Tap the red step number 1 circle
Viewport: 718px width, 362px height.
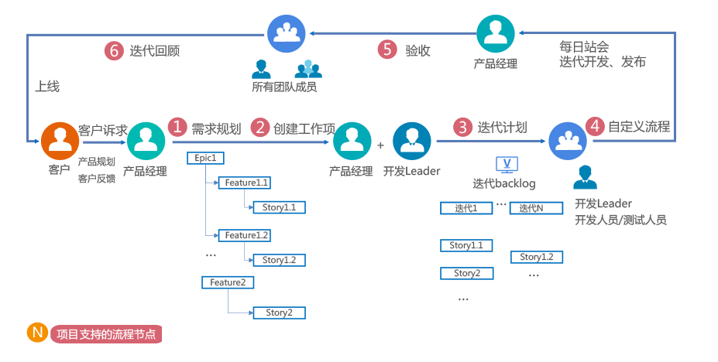tap(179, 127)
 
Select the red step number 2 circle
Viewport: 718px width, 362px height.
tap(260, 127)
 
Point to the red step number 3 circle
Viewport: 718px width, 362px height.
tap(463, 127)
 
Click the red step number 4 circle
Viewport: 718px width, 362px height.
tap(595, 126)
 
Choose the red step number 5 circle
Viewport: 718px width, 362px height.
tap(387, 50)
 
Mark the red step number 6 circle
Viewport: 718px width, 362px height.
tap(114, 50)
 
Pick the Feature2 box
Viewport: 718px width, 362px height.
tap(227, 282)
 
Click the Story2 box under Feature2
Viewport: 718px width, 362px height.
tap(279, 312)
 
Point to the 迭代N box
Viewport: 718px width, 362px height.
tap(535, 208)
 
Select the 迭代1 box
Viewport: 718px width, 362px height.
tap(466, 208)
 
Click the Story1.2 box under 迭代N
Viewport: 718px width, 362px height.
tap(536, 257)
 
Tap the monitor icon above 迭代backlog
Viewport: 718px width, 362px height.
tap(507, 164)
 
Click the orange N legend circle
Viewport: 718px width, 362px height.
tap(36, 333)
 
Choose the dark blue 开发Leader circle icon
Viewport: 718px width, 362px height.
tap(411, 141)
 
